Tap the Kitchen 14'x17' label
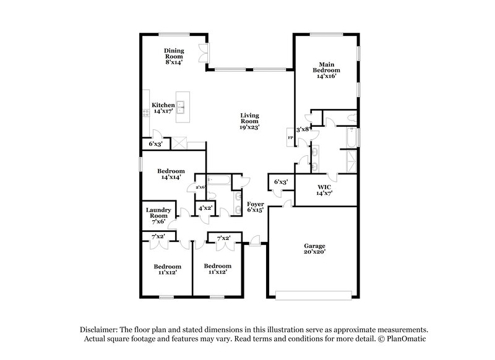tap(163, 108)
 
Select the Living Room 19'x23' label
tap(250, 121)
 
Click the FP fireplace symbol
tap(290, 137)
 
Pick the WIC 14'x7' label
tap(325, 190)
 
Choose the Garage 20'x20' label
tap(314, 249)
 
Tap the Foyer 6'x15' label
tap(256, 207)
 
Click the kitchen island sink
tap(182, 108)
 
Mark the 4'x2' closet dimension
tap(205, 208)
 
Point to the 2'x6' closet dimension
tap(200, 187)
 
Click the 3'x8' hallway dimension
tap(303, 130)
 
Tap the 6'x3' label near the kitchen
tap(155, 145)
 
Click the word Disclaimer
tap(99, 330)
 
